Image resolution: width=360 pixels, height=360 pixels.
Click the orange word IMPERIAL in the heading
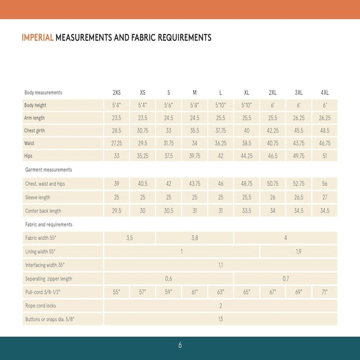[x=38, y=37]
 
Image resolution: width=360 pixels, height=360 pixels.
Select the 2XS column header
[x=117, y=93]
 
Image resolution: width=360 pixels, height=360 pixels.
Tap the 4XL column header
[x=325, y=93]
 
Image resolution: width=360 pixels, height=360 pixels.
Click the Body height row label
[x=35, y=105]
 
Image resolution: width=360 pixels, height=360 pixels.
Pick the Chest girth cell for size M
[x=195, y=131]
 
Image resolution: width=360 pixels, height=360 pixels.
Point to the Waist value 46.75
[x=325, y=143]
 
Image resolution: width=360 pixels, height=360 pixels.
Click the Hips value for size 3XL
[x=298, y=156]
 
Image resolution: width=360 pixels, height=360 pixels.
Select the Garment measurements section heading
[x=49, y=170]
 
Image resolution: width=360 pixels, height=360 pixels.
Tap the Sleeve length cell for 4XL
[x=325, y=197]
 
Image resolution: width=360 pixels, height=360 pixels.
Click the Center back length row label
[x=43, y=211]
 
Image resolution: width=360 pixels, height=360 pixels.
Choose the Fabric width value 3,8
[x=195, y=238]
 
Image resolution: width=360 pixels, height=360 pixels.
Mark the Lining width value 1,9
[x=298, y=252]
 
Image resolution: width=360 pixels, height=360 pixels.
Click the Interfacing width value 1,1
[x=221, y=265]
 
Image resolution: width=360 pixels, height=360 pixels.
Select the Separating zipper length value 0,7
[x=285, y=279]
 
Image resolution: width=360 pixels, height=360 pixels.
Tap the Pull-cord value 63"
[x=221, y=292]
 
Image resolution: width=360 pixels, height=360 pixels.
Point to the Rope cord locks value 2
[x=221, y=306]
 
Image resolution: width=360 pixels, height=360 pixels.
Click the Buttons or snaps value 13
[x=221, y=319]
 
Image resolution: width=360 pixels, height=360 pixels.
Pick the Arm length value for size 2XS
[x=117, y=118]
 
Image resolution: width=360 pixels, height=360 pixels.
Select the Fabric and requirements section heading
[x=49, y=224]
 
